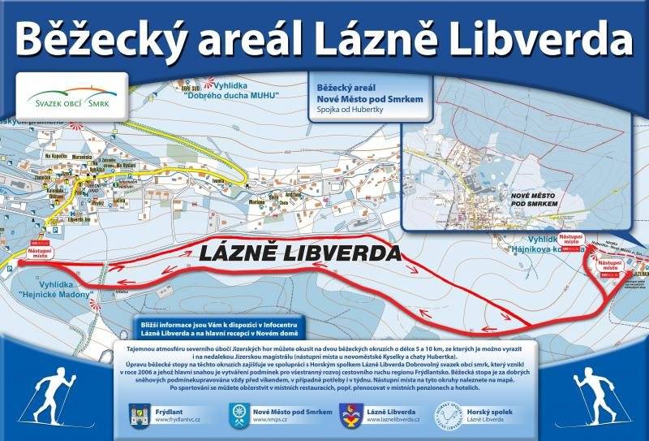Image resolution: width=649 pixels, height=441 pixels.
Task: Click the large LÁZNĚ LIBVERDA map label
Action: click(299, 253)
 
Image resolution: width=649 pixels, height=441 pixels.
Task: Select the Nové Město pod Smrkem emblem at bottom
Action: click(239, 415)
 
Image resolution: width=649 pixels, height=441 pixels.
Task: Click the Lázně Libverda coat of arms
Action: click(351, 415)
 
